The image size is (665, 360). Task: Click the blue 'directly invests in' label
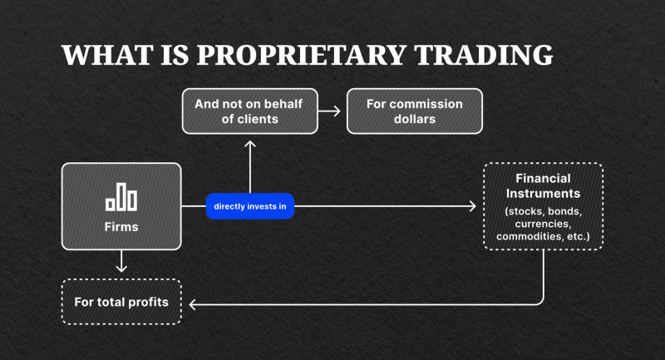click(x=250, y=205)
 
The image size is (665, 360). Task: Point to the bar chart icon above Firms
click(x=121, y=197)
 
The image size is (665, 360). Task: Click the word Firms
click(x=121, y=225)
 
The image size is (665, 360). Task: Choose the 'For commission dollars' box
click(x=405, y=111)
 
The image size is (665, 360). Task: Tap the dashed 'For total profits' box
click(x=121, y=301)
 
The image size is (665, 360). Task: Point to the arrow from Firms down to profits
click(x=121, y=263)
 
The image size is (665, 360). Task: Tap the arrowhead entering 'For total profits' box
click(x=192, y=303)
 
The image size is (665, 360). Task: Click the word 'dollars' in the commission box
click(x=405, y=119)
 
